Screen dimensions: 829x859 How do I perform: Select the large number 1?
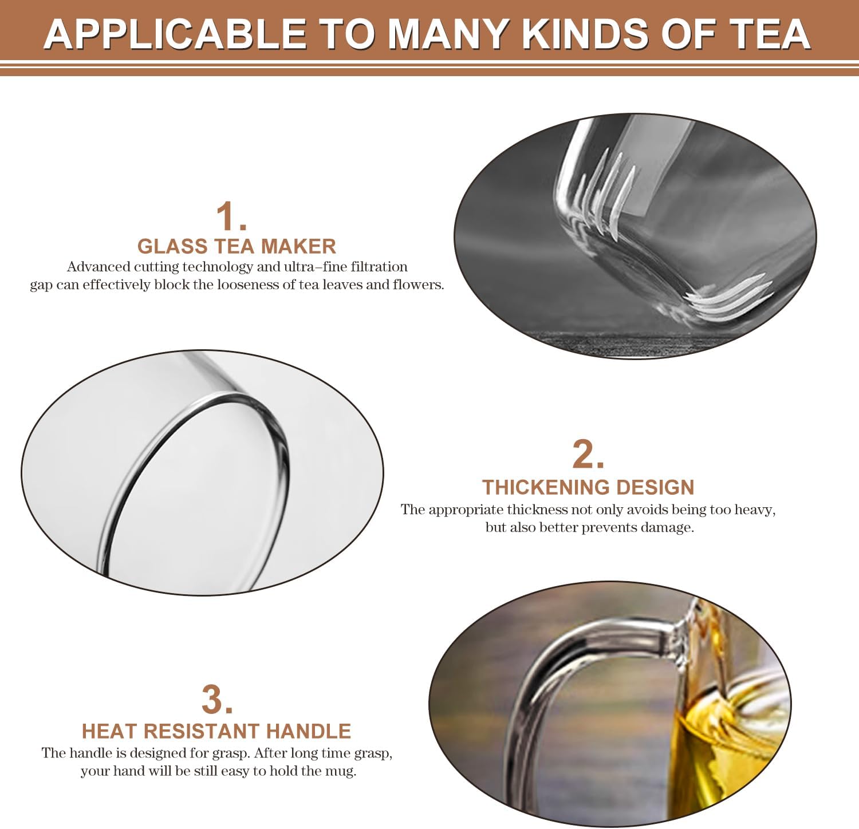pos(231,216)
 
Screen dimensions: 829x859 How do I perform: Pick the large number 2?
pos(588,455)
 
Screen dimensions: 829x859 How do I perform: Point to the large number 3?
pos(217,700)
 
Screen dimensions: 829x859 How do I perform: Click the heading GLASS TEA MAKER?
pos(237,246)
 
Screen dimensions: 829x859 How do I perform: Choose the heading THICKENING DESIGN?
pos(588,487)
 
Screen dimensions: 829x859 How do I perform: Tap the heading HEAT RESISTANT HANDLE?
pos(216,731)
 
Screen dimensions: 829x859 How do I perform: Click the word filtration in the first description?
pos(379,267)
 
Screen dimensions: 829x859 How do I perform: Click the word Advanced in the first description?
pos(98,267)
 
